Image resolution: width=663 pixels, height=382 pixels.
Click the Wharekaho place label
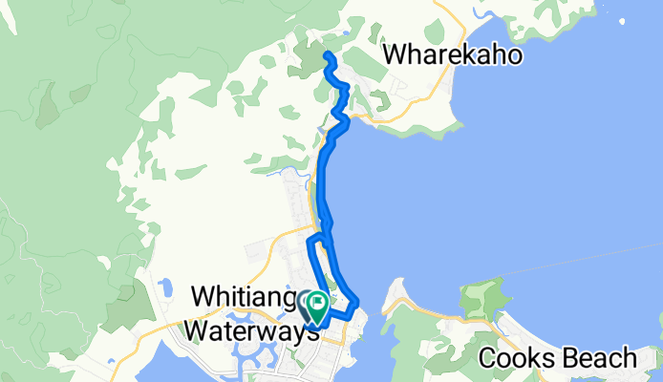[x=453, y=55]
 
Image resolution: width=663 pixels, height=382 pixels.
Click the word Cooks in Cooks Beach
[x=517, y=359]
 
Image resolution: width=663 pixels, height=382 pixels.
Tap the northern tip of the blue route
[x=329, y=54]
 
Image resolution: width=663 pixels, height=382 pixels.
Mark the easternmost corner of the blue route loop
[x=358, y=304]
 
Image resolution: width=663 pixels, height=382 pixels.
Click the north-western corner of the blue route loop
[x=309, y=238]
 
